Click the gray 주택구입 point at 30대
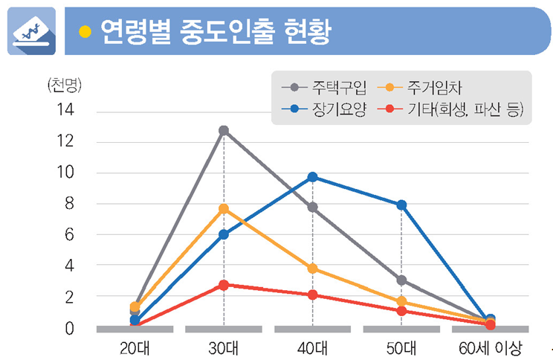(224, 131)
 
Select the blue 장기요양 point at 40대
(312, 177)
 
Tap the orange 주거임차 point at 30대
(224, 209)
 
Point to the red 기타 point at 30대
(224, 285)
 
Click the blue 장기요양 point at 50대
(401, 205)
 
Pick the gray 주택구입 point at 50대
(401, 280)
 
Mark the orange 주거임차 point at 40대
(312, 269)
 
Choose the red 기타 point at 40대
(312, 295)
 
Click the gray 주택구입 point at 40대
(312, 208)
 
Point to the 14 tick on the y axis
(65, 110)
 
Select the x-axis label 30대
(223, 348)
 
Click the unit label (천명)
(64, 84)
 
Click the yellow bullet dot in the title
(85, 30)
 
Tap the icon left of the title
(32, 31)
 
